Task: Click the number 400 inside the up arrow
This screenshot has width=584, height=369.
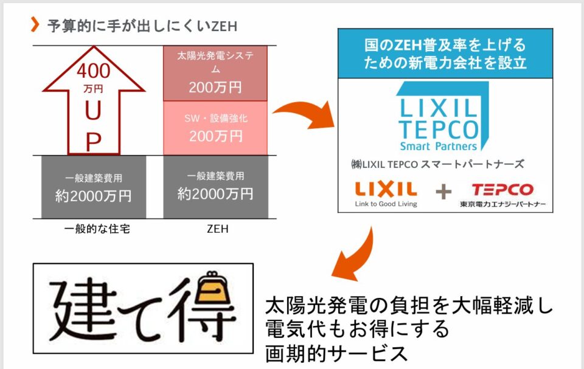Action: pyautogui.click(x=93, y=72)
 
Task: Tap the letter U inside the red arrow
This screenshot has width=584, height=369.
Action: pyautogui.click(x=93, y=112)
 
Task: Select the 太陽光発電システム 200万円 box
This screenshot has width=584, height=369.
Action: pyautogui.click(x=215, y=73)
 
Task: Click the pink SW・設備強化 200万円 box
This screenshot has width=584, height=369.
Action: pyautogui.click(x=215, y=128)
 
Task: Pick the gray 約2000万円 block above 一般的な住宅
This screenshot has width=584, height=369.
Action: pyautogui.click(x=94, y=188)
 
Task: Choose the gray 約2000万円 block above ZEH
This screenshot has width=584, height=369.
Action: pyautogui.click(x=215, y=187)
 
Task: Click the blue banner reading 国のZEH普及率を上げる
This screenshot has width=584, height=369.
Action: pyautogui.click(x=445, y=53)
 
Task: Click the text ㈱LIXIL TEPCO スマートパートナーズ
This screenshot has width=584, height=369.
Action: pyautogui.click(x=437, y=164)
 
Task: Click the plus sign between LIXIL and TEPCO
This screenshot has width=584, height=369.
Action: pyautogui.click(x=443, y=192)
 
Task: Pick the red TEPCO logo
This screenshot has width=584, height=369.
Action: pyautogui.click(x=502, y=189)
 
